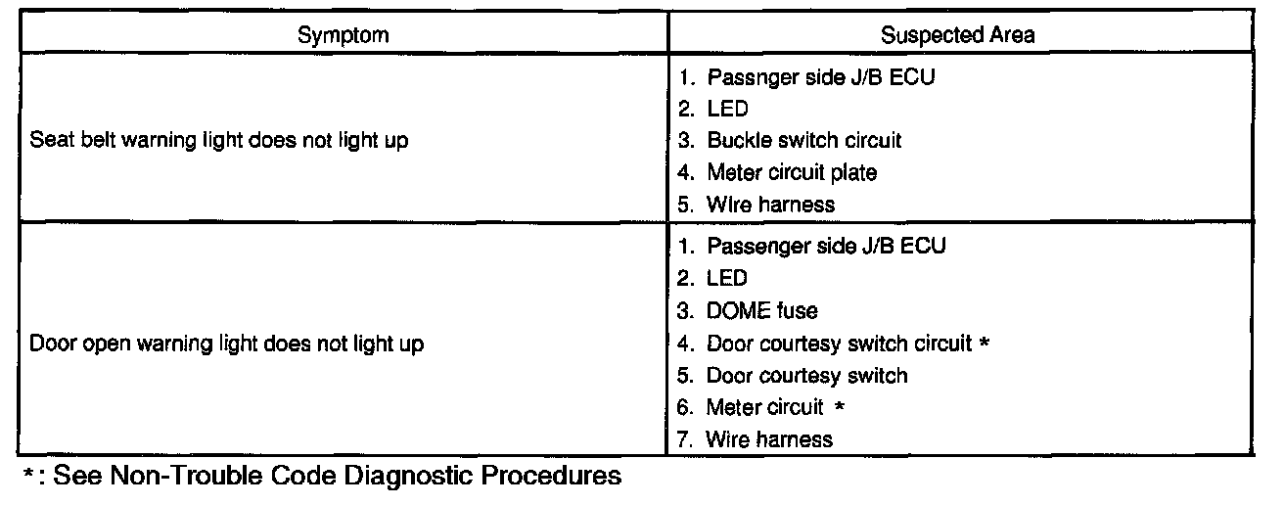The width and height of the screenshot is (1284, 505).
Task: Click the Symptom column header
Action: click(344, 35)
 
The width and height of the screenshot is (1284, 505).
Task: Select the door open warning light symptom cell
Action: click(228, 344)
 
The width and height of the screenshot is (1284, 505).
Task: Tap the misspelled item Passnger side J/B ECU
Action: click(820, 75)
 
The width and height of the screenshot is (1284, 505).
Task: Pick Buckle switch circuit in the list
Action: click(802, 140)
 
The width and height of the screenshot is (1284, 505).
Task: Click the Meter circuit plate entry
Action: click(791, 172)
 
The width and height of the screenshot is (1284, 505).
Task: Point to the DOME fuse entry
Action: click(761, 310)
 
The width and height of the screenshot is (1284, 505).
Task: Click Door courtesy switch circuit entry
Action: click(839, 344)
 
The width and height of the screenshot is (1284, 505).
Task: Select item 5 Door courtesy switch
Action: click(806, 375)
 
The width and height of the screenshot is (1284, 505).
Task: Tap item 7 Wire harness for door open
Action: click(769, 439)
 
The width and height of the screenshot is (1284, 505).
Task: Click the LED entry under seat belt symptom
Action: click(726, 108)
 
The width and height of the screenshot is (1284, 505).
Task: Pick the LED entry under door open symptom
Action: click(726, 279)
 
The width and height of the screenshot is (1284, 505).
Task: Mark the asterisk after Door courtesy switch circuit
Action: click(984, 344)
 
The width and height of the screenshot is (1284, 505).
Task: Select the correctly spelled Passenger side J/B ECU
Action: click(825, 246)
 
